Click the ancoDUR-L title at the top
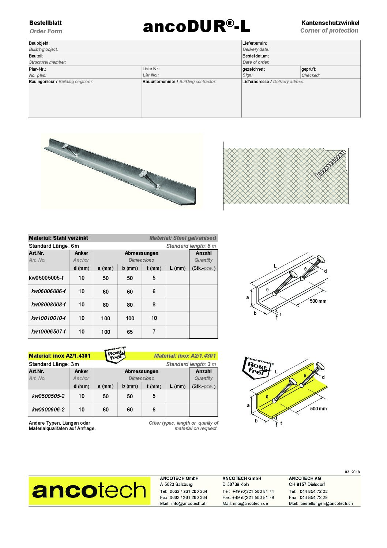[196, 26]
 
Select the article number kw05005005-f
[46, 278]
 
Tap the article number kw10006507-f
[49, 332]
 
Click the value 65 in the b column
[130, 332]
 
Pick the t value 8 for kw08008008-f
[154, 305]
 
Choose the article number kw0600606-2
[48, 410]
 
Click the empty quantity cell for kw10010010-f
[203, 318]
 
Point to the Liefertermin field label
[255, 43]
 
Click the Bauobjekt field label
[39, 43]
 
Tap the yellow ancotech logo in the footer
[89, 491]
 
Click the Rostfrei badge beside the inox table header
[116, 355]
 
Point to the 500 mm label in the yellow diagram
[318, 409]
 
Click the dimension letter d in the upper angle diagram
[326, 271]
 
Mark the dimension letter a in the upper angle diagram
[248, 298]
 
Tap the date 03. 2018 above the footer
[352, 472]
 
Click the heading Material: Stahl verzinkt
[59, 238]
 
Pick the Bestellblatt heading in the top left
[45, 23]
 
